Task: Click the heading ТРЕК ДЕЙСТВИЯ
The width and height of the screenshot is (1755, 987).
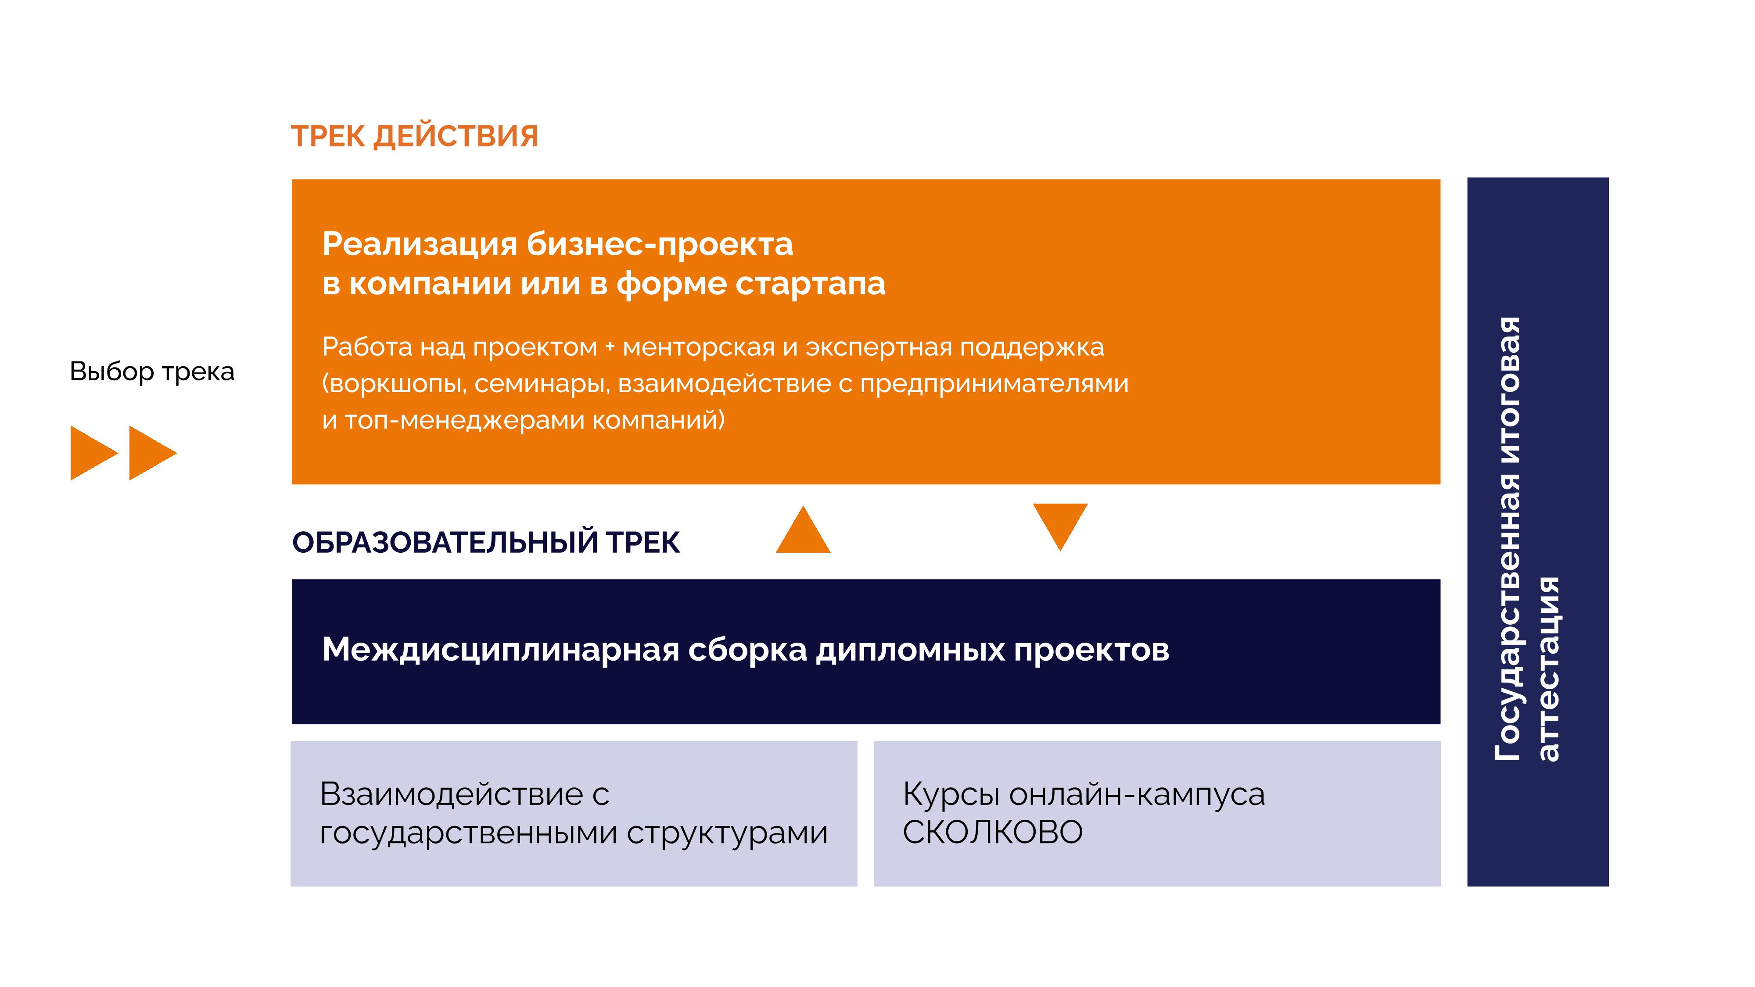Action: pos(414,137)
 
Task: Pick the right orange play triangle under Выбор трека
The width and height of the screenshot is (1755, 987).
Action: pos(153,453)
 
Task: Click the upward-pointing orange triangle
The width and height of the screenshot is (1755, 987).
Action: pos(803,529)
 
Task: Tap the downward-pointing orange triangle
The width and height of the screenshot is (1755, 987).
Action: pos(1060,526)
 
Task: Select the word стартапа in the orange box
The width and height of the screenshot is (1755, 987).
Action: pos(810,285)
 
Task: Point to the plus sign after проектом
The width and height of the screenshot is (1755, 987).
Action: pos(610,347)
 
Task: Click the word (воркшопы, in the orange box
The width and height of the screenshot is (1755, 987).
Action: pos(394,385)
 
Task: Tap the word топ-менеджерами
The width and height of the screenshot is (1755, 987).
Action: pos(465,420)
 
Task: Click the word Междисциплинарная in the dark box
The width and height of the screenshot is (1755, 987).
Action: pos(501,651)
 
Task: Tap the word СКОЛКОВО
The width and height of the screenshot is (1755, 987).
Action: pos(993,833)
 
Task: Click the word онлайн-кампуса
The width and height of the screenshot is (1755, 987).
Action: pos(1136,795)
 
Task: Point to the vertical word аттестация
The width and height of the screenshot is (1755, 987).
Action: pos(1549,669)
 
